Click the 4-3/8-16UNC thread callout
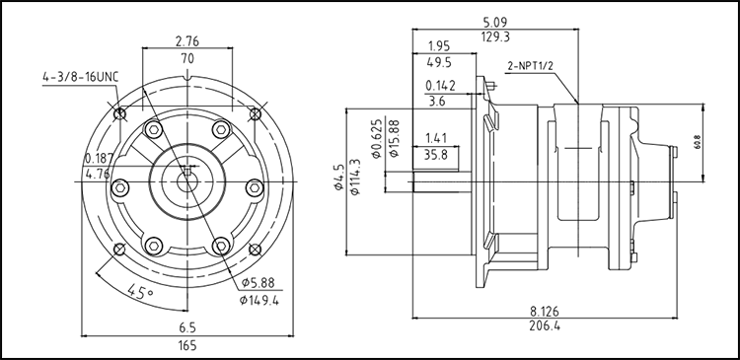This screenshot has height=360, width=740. click(80, 77)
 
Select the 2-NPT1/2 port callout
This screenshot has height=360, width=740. click(530, 65)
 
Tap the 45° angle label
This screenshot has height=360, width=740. click(141, 290)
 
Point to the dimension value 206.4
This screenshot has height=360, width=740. click(544, 325)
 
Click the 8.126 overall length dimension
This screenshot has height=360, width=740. click(544, 311)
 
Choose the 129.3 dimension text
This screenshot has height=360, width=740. click(495, 36)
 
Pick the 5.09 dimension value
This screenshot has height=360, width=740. click(495, 22)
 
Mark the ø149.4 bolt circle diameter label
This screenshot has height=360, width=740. click(259, 299)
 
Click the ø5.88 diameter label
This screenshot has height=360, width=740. click(258, 283)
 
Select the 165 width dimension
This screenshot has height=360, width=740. click(187, 345)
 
